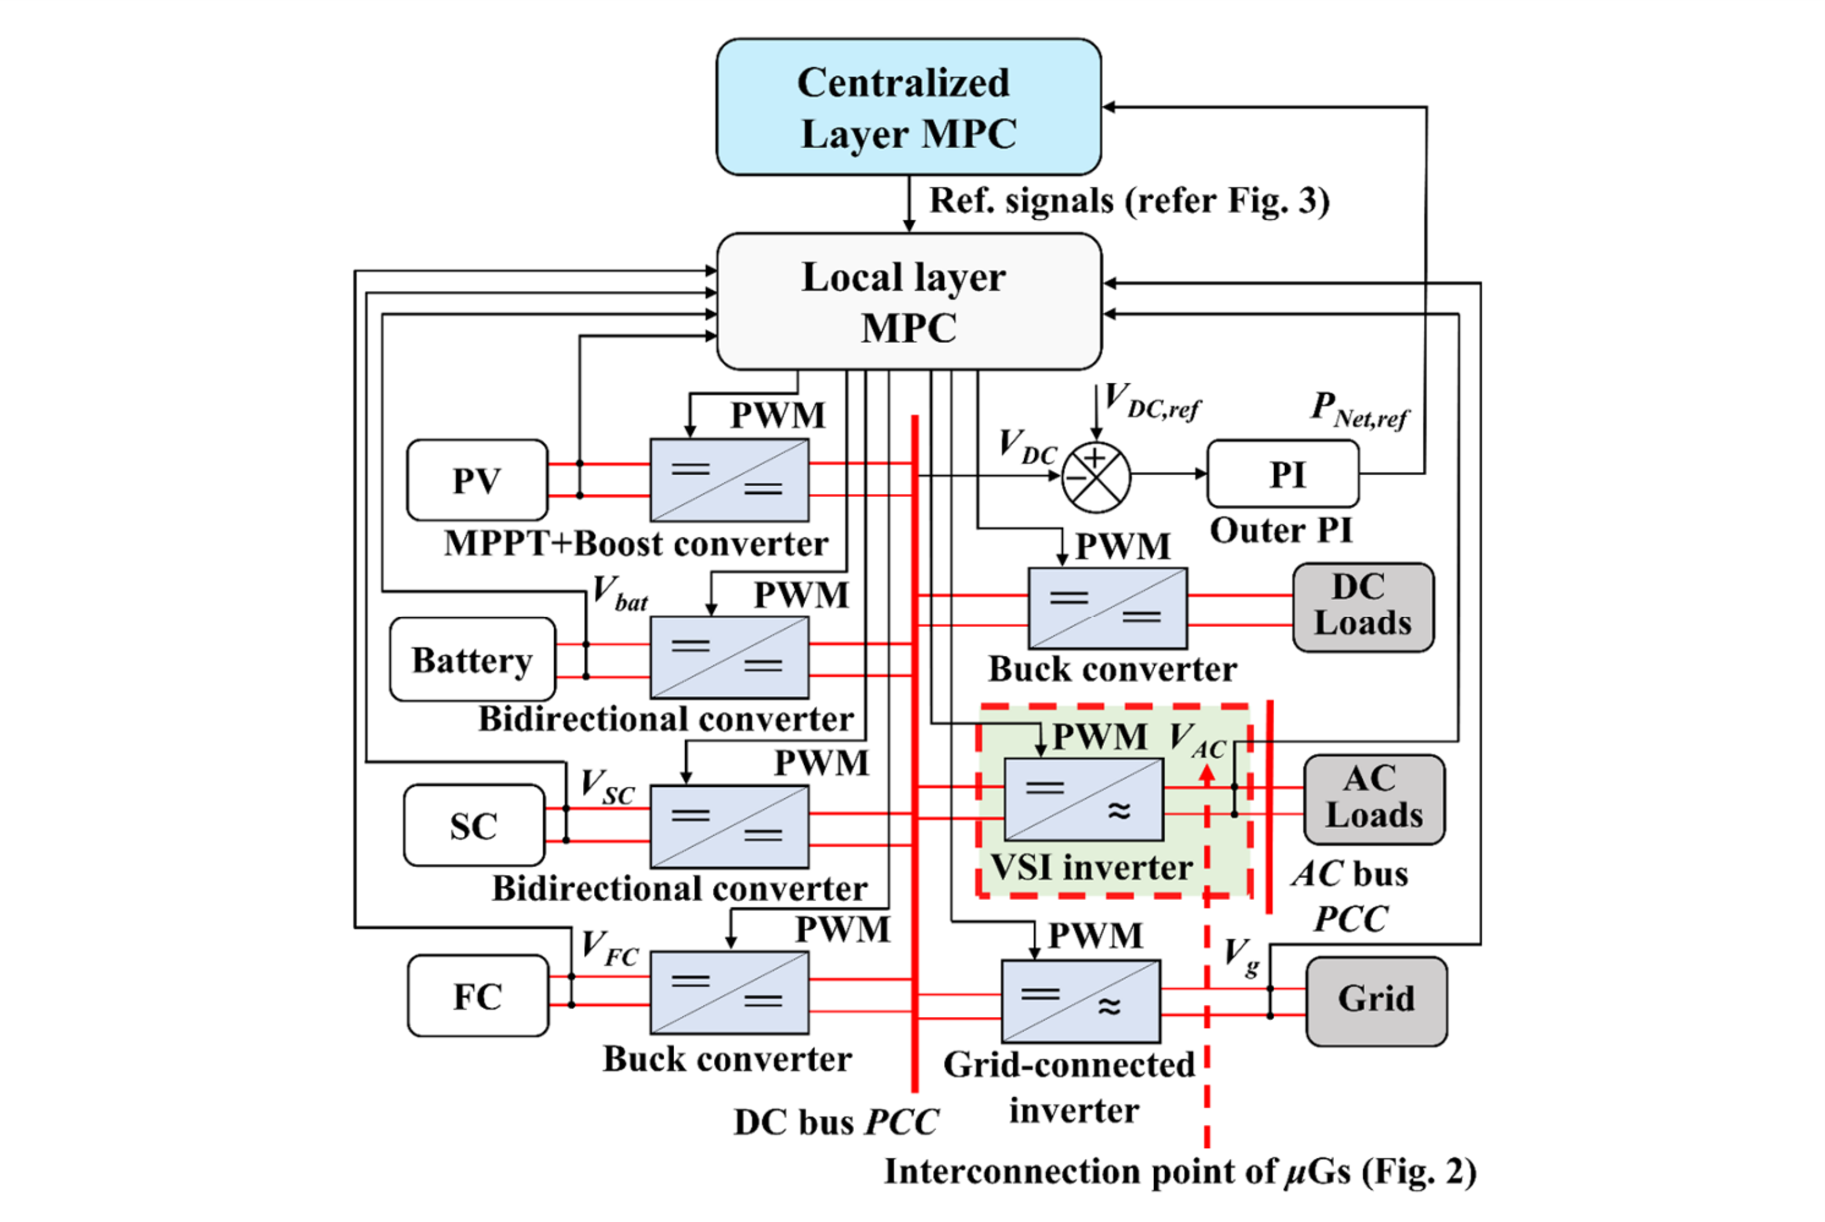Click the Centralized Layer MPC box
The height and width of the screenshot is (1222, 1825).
point(908,107)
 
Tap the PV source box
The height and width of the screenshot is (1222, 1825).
point(477,480)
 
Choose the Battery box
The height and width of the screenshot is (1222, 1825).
point(472,659)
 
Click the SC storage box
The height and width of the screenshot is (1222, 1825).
point(474,825)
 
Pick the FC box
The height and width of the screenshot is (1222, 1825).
point(478,996)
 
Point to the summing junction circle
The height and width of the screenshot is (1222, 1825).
point(1096,478)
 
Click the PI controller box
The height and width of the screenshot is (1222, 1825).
point(1282,474)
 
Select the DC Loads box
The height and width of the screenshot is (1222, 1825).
point(1362,607)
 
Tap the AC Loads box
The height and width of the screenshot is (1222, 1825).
point(1374,799)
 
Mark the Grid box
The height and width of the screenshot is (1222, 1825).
point(1376,1001)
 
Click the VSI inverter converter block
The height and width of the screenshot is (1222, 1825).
point(1083,800)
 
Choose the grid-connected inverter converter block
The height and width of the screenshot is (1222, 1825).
point(1080,1001)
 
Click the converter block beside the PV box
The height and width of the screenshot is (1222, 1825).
point(729,480)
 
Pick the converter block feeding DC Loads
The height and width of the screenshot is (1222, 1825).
point(1107,608)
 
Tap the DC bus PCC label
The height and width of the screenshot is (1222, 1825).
point(836,1122)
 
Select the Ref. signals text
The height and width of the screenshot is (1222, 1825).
point(1128,201)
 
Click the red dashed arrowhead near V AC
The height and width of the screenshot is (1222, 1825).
point(1207,773)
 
